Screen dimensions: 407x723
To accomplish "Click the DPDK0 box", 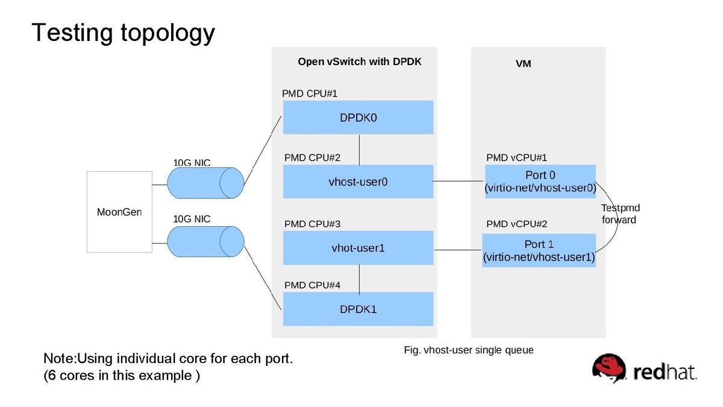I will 358,118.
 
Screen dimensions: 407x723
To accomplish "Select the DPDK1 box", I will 358,309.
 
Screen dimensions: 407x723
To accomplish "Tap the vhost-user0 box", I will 358,181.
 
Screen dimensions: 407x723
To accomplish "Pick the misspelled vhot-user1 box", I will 358,248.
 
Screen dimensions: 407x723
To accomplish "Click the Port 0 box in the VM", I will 540,181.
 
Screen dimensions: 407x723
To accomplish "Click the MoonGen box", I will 119,212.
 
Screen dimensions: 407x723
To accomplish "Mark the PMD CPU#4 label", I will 312,285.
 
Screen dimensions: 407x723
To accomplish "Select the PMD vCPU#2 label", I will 517,224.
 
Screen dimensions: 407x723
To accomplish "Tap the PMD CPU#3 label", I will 312,224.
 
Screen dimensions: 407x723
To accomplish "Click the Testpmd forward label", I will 620,214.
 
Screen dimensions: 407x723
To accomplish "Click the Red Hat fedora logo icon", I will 610,367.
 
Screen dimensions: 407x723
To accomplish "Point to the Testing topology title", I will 123,33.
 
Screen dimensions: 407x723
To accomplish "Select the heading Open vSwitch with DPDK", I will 360,62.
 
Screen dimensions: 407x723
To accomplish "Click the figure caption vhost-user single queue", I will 468,350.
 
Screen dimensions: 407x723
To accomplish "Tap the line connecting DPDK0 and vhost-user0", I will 360,149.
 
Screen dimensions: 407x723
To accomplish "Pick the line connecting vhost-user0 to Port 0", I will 459,181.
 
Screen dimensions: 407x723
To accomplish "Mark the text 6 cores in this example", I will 122,376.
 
